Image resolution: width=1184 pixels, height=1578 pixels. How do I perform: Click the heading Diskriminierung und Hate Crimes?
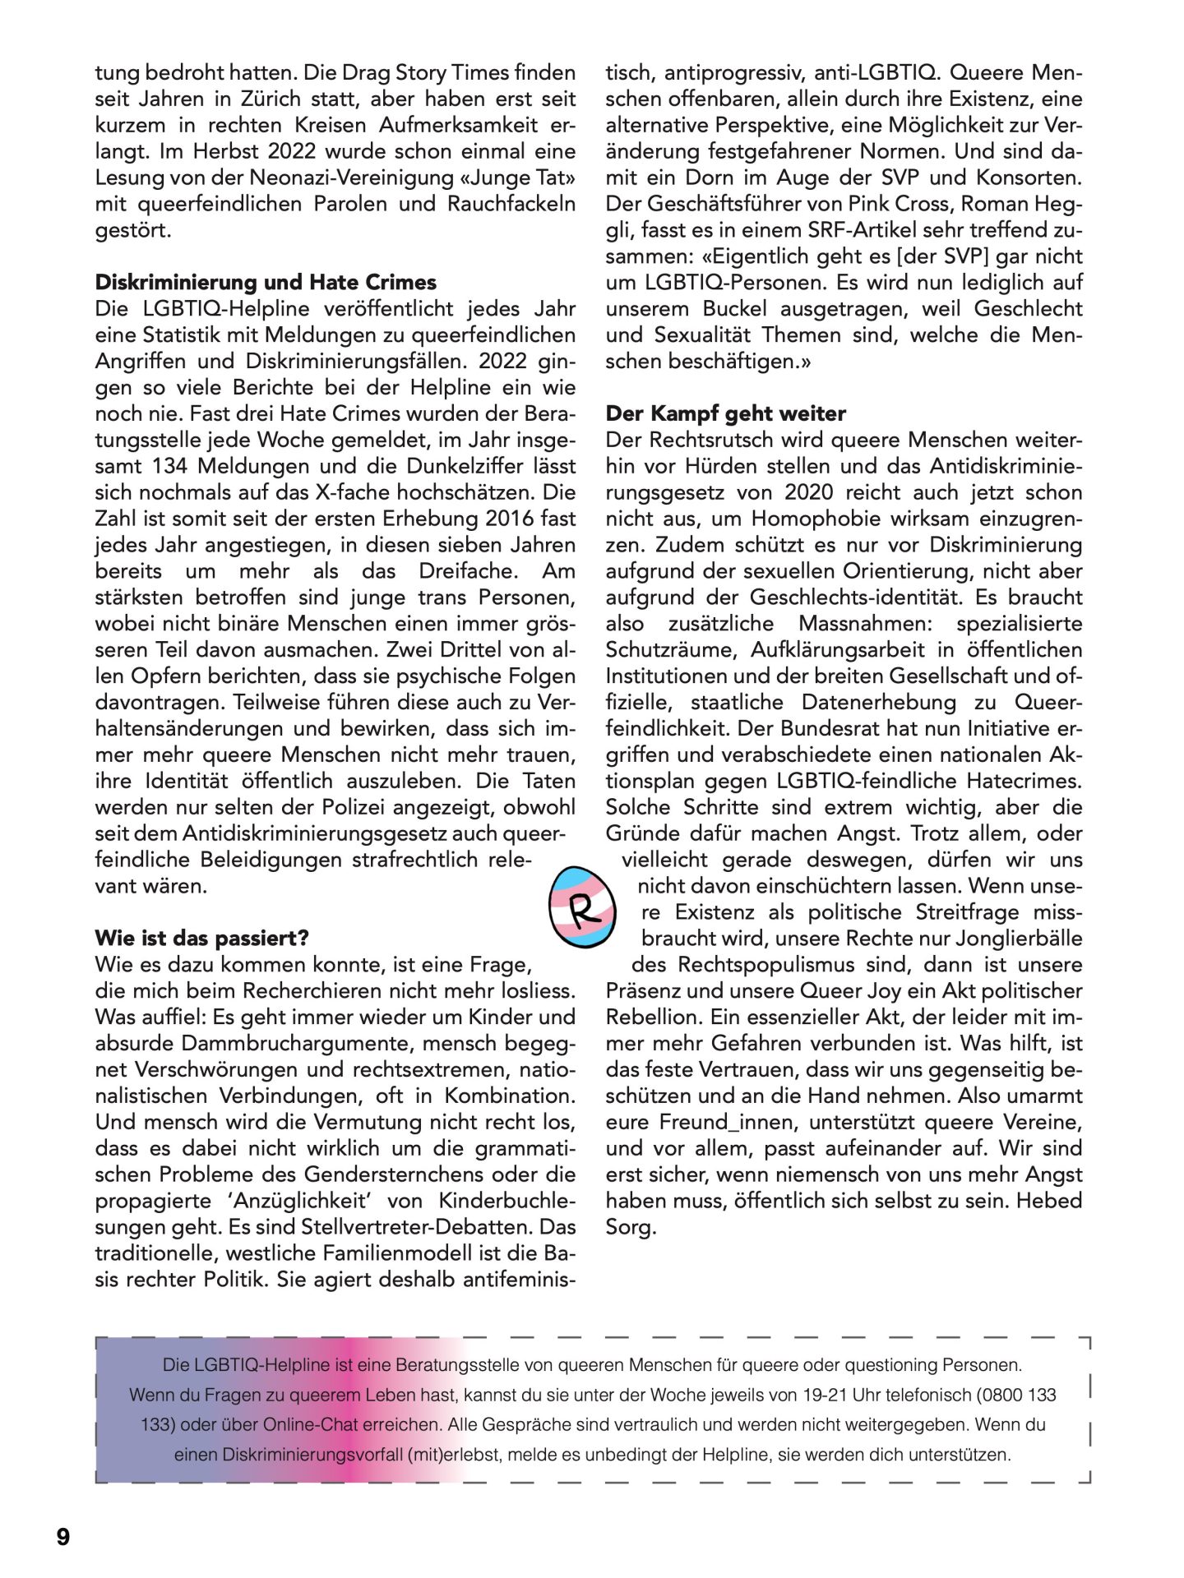click(x=266, y=283)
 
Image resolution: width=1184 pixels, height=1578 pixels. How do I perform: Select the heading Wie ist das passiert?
click(x=201, y=939)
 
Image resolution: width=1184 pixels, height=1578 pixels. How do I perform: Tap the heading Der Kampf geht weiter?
click(x=725, y=413)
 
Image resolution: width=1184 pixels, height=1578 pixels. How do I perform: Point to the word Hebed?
click(x=1049, y=1202)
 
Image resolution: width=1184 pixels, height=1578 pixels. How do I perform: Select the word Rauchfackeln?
click(x=511, y=204)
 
